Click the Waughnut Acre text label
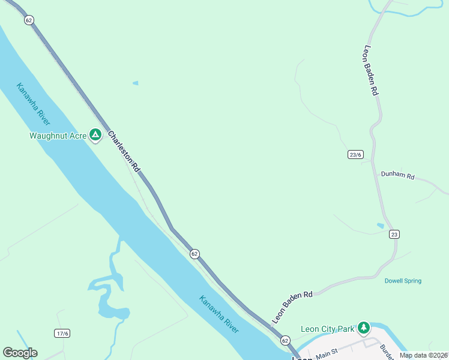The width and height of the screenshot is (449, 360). coord(58,136)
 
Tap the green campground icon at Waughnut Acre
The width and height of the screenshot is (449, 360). coord(95,135)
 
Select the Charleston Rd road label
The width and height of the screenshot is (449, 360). coord(124,151)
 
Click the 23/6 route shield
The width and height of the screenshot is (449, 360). coord(355,154)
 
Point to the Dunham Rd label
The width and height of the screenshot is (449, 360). coord(397,176)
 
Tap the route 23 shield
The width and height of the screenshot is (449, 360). coord(394,234)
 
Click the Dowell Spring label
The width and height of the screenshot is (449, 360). coord(403,281)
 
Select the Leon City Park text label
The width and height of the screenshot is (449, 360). coord(327,329)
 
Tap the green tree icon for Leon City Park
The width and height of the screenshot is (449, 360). coord(363,328)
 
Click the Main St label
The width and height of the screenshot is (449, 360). coord(327,351)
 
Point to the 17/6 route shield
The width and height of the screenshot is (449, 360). coord(62,333)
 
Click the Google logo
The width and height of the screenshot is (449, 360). coord(20,353)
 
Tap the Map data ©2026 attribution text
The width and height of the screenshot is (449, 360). coord(423,355)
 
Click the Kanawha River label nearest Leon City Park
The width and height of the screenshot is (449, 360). coord(219,315)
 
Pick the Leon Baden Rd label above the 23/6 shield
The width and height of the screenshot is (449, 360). coord(370,71)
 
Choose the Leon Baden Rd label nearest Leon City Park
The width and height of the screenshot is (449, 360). coord(292,307)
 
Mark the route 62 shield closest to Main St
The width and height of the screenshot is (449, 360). coord(285,340)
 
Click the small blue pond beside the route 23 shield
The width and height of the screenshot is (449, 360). coord(380,226)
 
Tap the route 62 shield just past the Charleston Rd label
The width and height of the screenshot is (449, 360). coord(194,254)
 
